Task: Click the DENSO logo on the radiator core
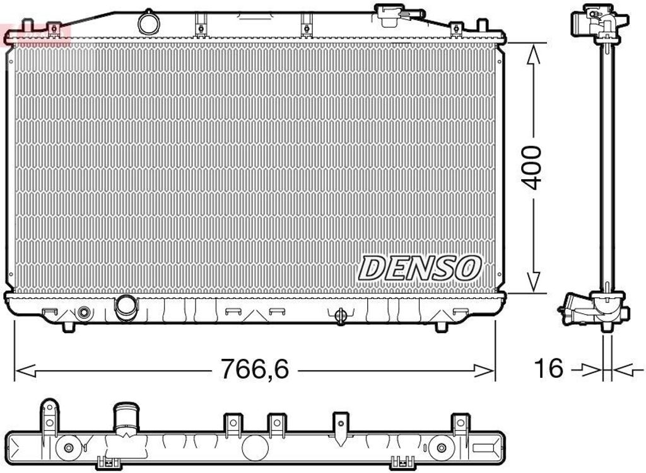(x=420, y=267)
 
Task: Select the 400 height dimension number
(x=533, y=167)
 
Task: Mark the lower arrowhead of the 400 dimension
(x=534, y=281)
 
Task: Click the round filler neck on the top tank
(x=150, y=23)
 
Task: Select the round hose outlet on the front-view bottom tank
(x=126, y=306)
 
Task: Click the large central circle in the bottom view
(x=255, y=446)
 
